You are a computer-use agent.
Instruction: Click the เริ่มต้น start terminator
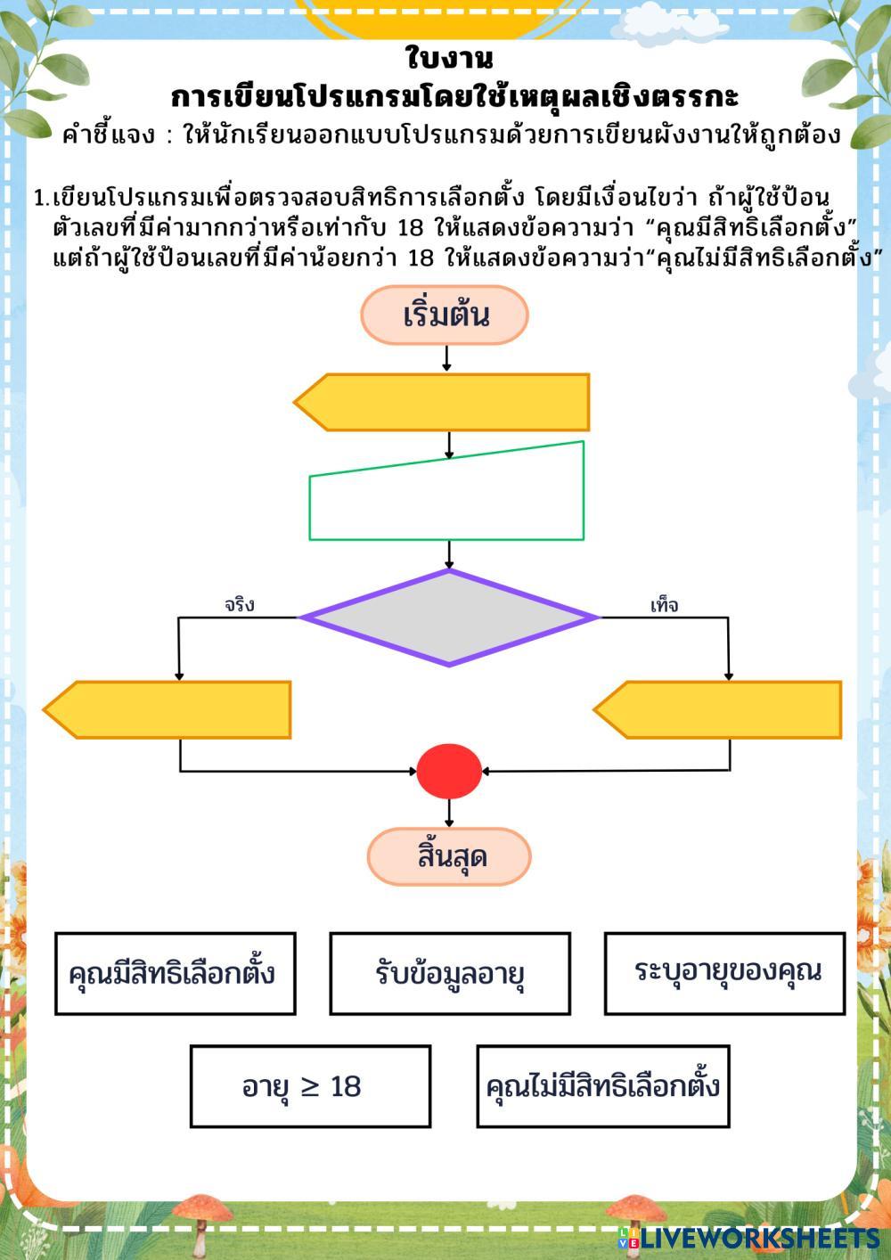point(445,315)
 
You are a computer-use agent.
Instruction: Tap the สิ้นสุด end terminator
point(450,856)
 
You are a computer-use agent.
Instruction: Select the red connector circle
point(449,771)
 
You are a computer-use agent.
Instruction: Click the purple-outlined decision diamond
point(448,618)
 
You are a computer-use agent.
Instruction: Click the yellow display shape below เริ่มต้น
point(443,403)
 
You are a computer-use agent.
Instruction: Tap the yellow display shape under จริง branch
point(168,710)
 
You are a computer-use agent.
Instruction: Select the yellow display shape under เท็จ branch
point(718,710)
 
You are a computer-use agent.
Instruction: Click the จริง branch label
point(240,605)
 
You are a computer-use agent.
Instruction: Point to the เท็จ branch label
point(664,606)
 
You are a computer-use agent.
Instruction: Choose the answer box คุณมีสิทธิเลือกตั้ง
point(175,973)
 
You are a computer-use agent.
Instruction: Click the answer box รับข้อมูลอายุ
point(450,973)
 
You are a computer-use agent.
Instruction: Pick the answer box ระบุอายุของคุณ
point(724,973)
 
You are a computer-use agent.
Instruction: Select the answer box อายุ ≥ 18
point(310,1086)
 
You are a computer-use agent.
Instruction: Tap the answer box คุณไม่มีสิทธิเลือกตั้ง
point(603,1086)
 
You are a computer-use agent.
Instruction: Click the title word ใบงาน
point(449,59)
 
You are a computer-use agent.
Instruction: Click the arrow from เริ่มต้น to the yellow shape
point(446,358)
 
